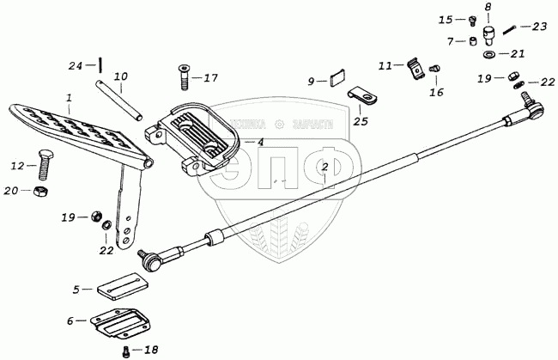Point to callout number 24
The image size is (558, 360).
tap(76, 65)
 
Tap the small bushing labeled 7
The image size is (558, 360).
tap(473, 41)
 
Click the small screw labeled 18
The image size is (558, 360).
tap(126, 350)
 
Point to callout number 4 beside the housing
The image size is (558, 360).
tap(260, 143)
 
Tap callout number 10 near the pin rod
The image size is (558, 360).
tap(120, 77)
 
